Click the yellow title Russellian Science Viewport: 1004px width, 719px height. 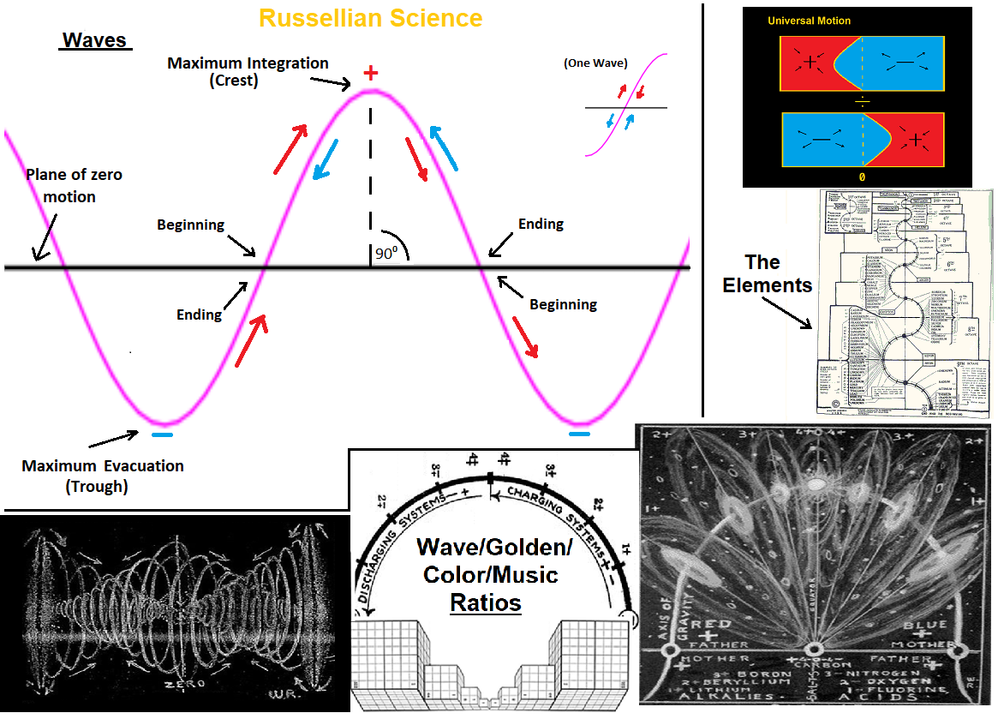[371, 18]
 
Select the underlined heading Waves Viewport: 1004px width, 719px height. [94, 41]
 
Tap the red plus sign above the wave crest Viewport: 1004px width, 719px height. [370, 73]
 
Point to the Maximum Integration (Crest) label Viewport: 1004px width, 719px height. [248, 72]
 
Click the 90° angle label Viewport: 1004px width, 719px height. [387, 253]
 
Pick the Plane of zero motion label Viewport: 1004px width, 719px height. [74, 185]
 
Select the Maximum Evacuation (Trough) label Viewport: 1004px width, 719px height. [103, 476]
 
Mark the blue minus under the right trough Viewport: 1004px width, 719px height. [580, 434]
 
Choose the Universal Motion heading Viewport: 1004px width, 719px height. [809, 21]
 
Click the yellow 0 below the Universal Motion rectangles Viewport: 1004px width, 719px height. [862, 176]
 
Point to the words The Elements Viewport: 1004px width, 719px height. [767, 273]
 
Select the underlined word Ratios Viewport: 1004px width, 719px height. [486, 602]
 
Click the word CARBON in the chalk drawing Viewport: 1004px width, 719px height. [814, 663]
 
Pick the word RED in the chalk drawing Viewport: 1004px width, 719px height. [712, 624]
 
